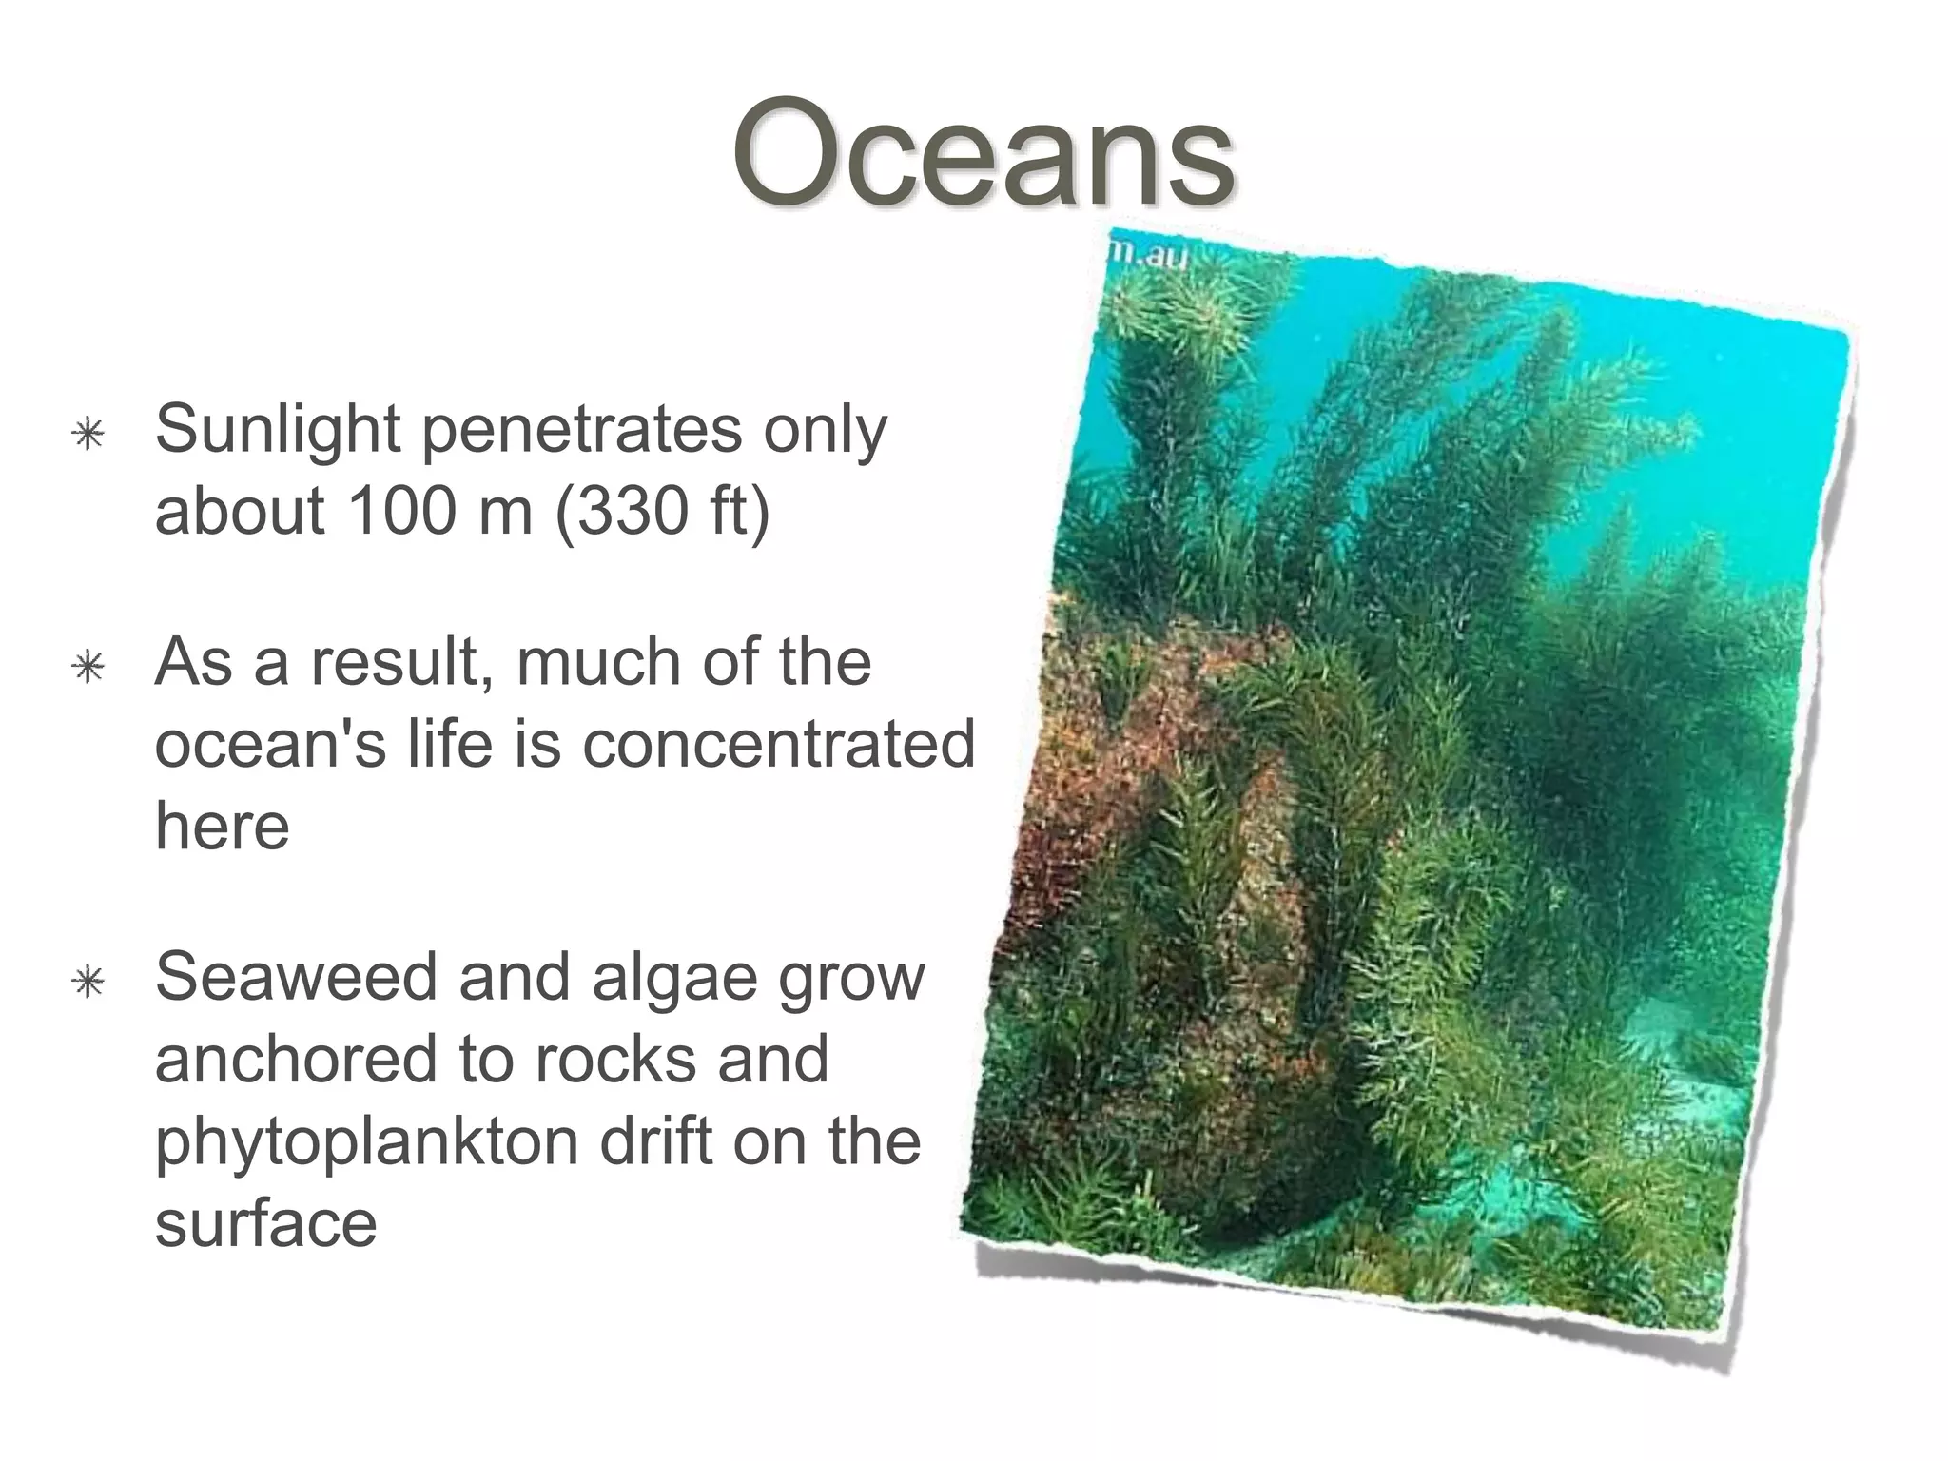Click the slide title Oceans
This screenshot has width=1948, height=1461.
coord(984,155)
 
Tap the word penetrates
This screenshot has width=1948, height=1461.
coord(580,430)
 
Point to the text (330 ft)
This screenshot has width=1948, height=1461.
coord(662,511)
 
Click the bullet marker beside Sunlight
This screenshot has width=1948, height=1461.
coord(88,435)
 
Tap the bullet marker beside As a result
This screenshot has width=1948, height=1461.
coord(88,668)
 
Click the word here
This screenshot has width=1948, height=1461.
coord(222,826)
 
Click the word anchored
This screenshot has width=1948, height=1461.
coord(295,1059)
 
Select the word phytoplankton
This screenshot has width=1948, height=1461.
coord(366,1141)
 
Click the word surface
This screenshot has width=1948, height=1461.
coord(265,1224)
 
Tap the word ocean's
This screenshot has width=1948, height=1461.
coord(271,744)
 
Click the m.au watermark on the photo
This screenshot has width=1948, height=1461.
coord(1149,255)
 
